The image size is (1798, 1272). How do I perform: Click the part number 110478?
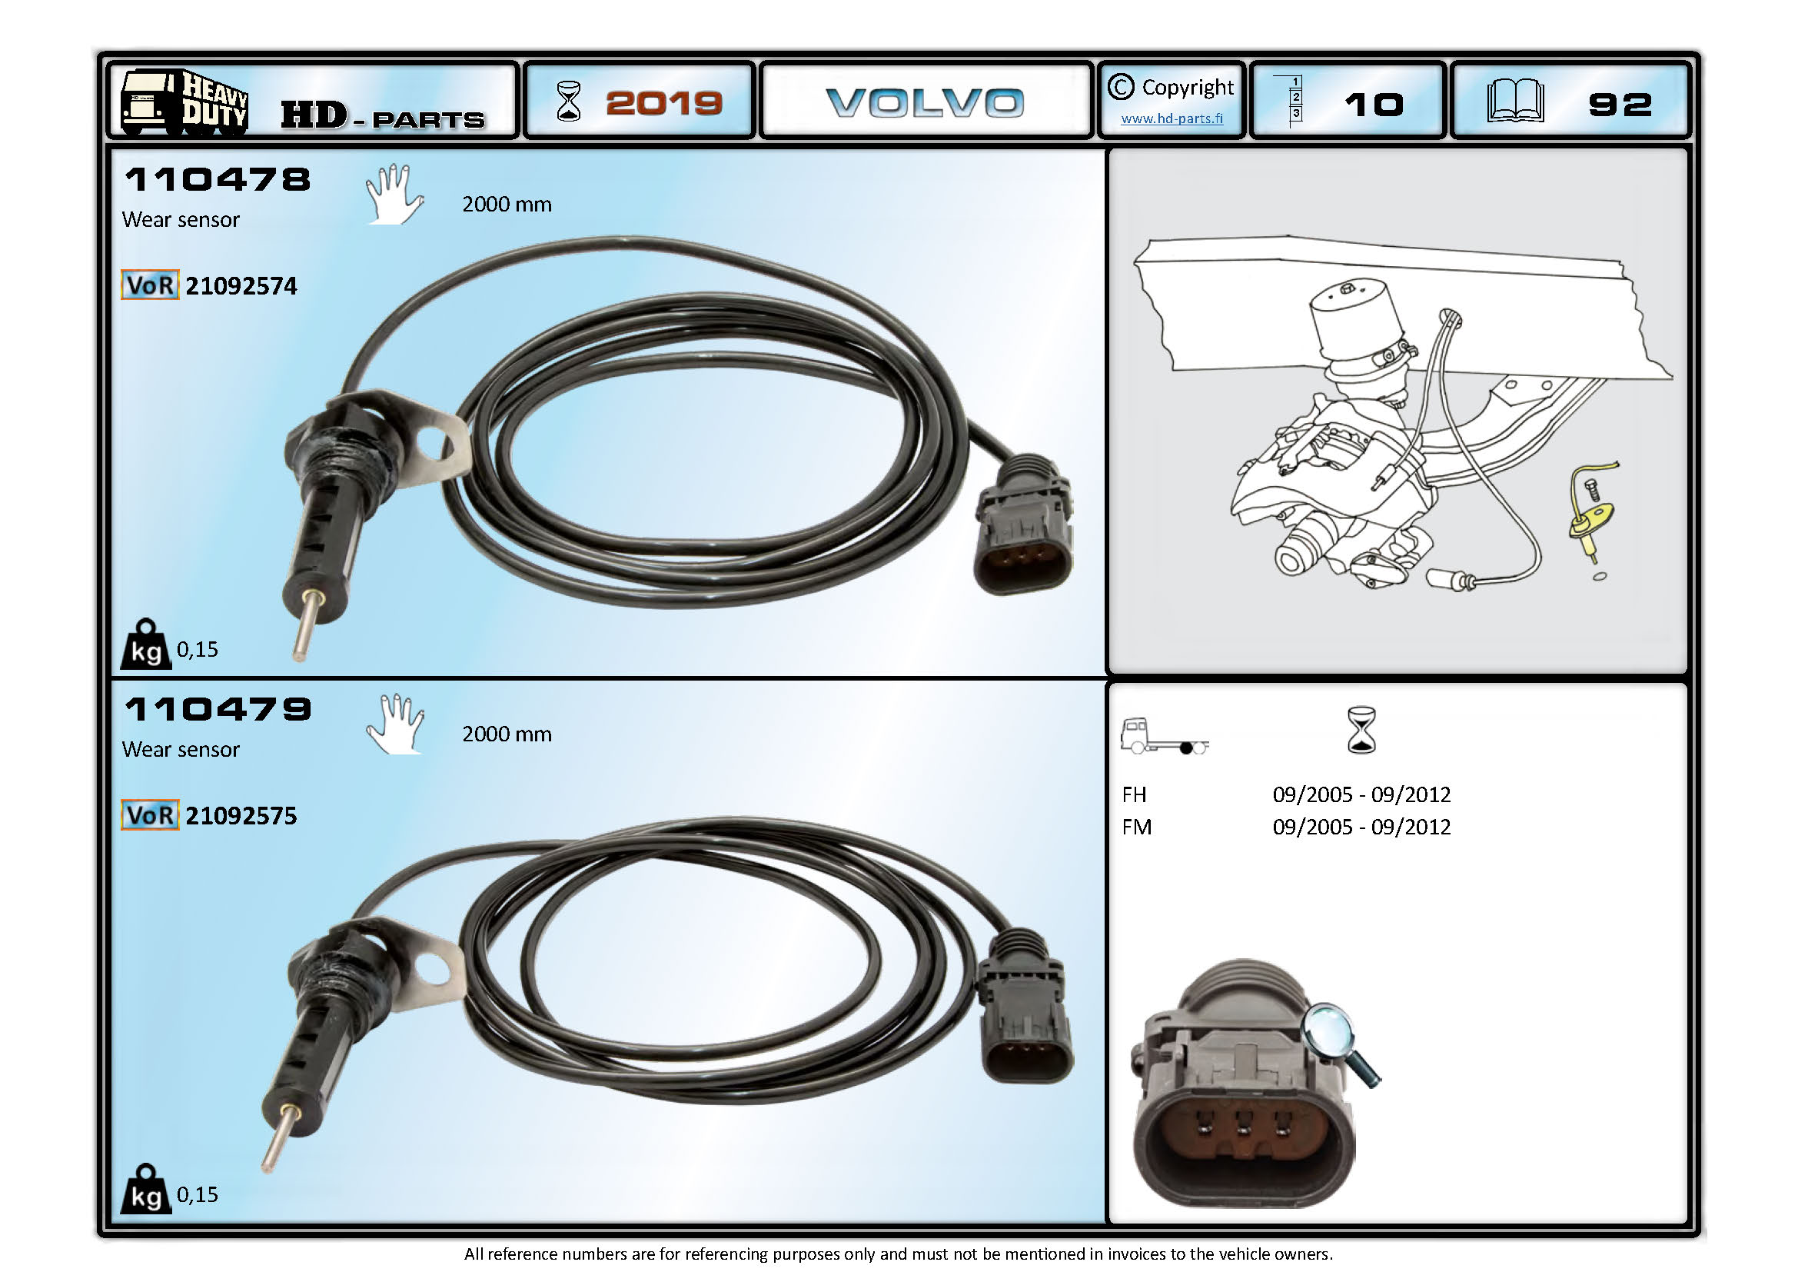point(218,179)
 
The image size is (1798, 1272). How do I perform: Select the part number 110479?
point(218,710)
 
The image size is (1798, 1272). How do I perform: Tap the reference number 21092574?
point(241,286)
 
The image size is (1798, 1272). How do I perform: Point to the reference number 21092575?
point(241,816)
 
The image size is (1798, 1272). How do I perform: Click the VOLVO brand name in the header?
point(925,102)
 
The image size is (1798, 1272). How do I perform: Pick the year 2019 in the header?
point(664,102)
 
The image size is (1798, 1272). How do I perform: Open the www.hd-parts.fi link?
point(1172,118)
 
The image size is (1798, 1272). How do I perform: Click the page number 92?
point(1620,104)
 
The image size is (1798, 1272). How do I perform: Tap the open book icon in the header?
point(1515,101)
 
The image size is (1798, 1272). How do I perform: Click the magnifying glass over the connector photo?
point(1341,1044)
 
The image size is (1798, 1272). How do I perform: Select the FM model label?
point(1136,827)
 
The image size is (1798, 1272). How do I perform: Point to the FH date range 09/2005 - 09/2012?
point(1361,794)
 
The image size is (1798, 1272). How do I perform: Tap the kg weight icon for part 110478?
point(145,644)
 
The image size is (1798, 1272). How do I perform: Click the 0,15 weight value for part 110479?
point(198,1194)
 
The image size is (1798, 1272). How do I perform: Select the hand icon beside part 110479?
point(395,723)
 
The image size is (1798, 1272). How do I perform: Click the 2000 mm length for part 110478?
point(507,205)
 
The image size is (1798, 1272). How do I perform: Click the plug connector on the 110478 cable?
point(1022,524)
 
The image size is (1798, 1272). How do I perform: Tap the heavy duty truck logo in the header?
point(184,102)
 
